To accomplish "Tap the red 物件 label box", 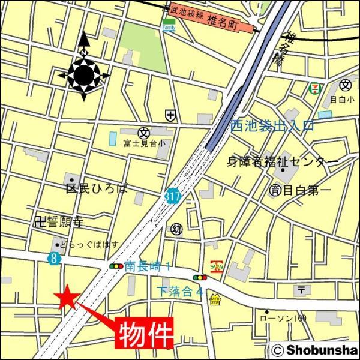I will (143, 334).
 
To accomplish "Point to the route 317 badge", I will (172, 196).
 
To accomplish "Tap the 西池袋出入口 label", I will (272, 126).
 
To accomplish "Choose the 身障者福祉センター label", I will (282, 161).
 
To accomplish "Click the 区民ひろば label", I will (97, 188).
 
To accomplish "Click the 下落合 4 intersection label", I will (179, 291).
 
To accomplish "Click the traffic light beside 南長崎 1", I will (116, 265).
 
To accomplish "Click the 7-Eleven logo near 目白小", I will (313, 89).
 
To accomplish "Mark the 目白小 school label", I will (342, 99).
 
